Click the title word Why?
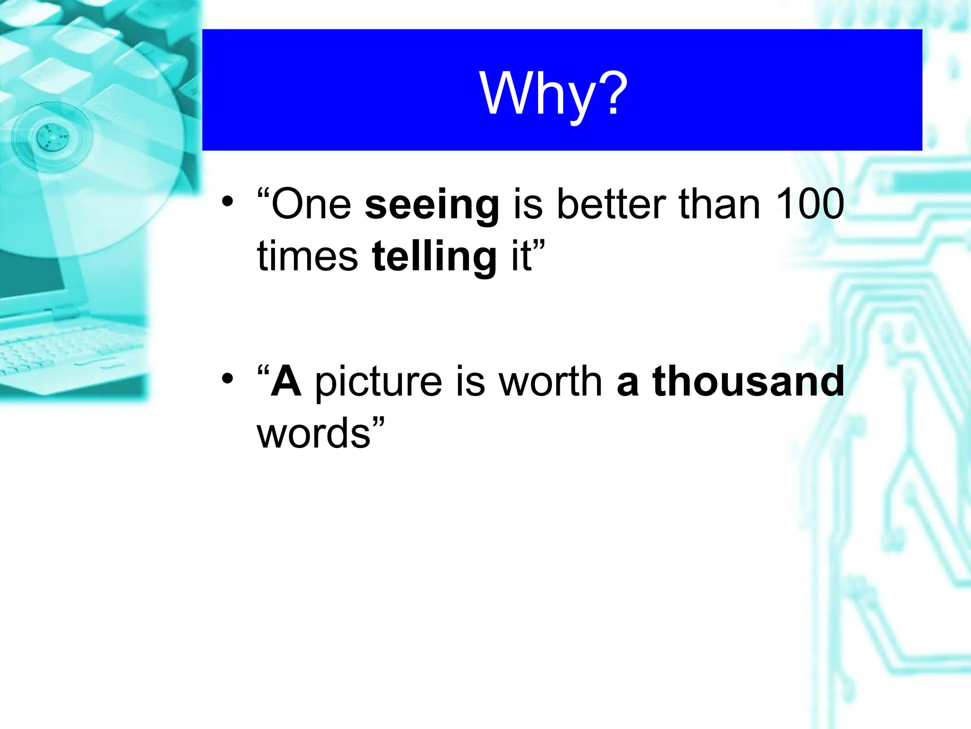pyautogui.click(x=553, y=93)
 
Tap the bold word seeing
pyautogui.click(x=432, y=205)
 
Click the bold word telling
pyautogui.click(x=434, y=257)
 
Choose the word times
pyautogui.click(x=307, y=257)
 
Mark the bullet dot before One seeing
pyautogui.click(x=228, y=202)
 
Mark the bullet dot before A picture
pyautogui.click(x=228, y=378)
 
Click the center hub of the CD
pyautogui.click(x=52, y=137)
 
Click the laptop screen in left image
pyautogui.click(x=28, y=280)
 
